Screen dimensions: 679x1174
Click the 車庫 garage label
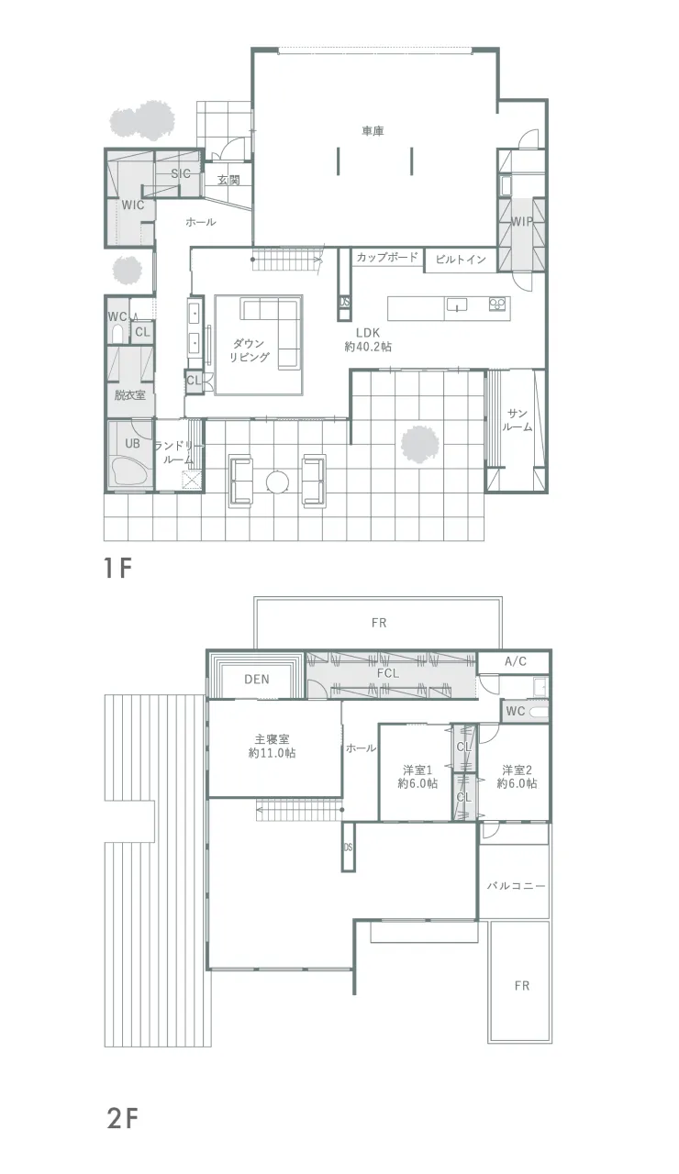[373, 130]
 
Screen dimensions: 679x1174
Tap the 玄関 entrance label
[228, 180]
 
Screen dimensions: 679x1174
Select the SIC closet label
[181, 173]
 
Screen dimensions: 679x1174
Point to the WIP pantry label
[522, 221]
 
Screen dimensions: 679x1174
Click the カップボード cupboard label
[387, 257]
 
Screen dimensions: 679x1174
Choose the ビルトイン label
[461, 259]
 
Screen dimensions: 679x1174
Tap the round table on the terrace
[277, 482]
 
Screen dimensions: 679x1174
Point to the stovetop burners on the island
[497, 304]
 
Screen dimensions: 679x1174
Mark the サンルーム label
[517, 420]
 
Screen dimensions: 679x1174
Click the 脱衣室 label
[130, 394]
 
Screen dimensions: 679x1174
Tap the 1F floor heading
[117, 568]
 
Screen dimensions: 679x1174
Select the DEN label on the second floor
[257, 680]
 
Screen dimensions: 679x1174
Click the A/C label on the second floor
[516, 661]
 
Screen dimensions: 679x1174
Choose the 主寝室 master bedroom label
[273, 739]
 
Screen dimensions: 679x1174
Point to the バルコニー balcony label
[516, 886]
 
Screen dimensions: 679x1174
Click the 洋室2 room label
[517, 770]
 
